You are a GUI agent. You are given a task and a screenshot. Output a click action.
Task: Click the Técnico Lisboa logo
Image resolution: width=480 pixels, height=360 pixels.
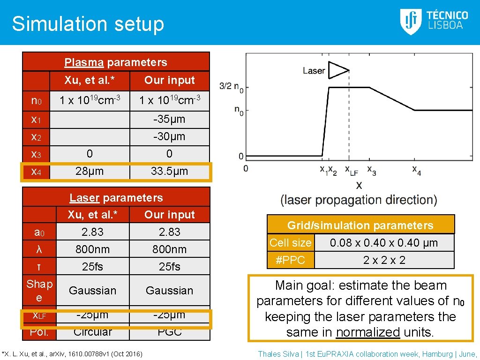click(434, 22)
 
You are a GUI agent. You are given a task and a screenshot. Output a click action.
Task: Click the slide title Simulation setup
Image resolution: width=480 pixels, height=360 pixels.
click(88, 24)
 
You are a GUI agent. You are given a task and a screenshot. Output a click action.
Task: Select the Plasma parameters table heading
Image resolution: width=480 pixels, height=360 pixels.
click(116, 62)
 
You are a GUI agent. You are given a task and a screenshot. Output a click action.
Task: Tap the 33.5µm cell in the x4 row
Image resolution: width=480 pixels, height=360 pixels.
click(169, 171)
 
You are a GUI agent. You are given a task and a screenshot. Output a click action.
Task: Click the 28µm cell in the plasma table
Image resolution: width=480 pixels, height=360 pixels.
click(90, 171)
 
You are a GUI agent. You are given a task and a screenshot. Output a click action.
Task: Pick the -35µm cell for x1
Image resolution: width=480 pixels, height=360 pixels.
click(169, 119)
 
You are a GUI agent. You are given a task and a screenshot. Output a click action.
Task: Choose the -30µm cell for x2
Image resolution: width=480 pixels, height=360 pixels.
click(169, 136)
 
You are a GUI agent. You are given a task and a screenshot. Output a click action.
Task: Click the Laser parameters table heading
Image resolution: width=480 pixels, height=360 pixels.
click(116, 198)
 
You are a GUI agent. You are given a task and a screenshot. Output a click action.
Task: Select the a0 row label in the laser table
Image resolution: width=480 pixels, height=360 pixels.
click(39, 232)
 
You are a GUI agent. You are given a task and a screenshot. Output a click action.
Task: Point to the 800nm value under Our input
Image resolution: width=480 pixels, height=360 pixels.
click(169, 249)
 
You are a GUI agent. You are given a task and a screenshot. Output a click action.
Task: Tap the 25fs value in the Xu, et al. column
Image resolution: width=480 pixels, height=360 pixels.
click(92, 267)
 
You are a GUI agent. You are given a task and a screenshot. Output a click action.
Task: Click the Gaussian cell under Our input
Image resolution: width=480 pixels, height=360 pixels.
click(169, 291)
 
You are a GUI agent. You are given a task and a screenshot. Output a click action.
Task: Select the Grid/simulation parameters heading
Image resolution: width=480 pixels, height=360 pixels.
click(360, 225)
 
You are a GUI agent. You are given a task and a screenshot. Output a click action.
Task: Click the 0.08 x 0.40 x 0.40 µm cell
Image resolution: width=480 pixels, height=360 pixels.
click(383, 243)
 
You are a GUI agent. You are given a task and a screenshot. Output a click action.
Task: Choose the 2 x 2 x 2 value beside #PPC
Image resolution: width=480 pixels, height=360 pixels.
click(384, 260)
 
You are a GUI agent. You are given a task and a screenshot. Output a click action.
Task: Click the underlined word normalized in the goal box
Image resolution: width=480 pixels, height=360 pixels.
click(368, 332)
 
